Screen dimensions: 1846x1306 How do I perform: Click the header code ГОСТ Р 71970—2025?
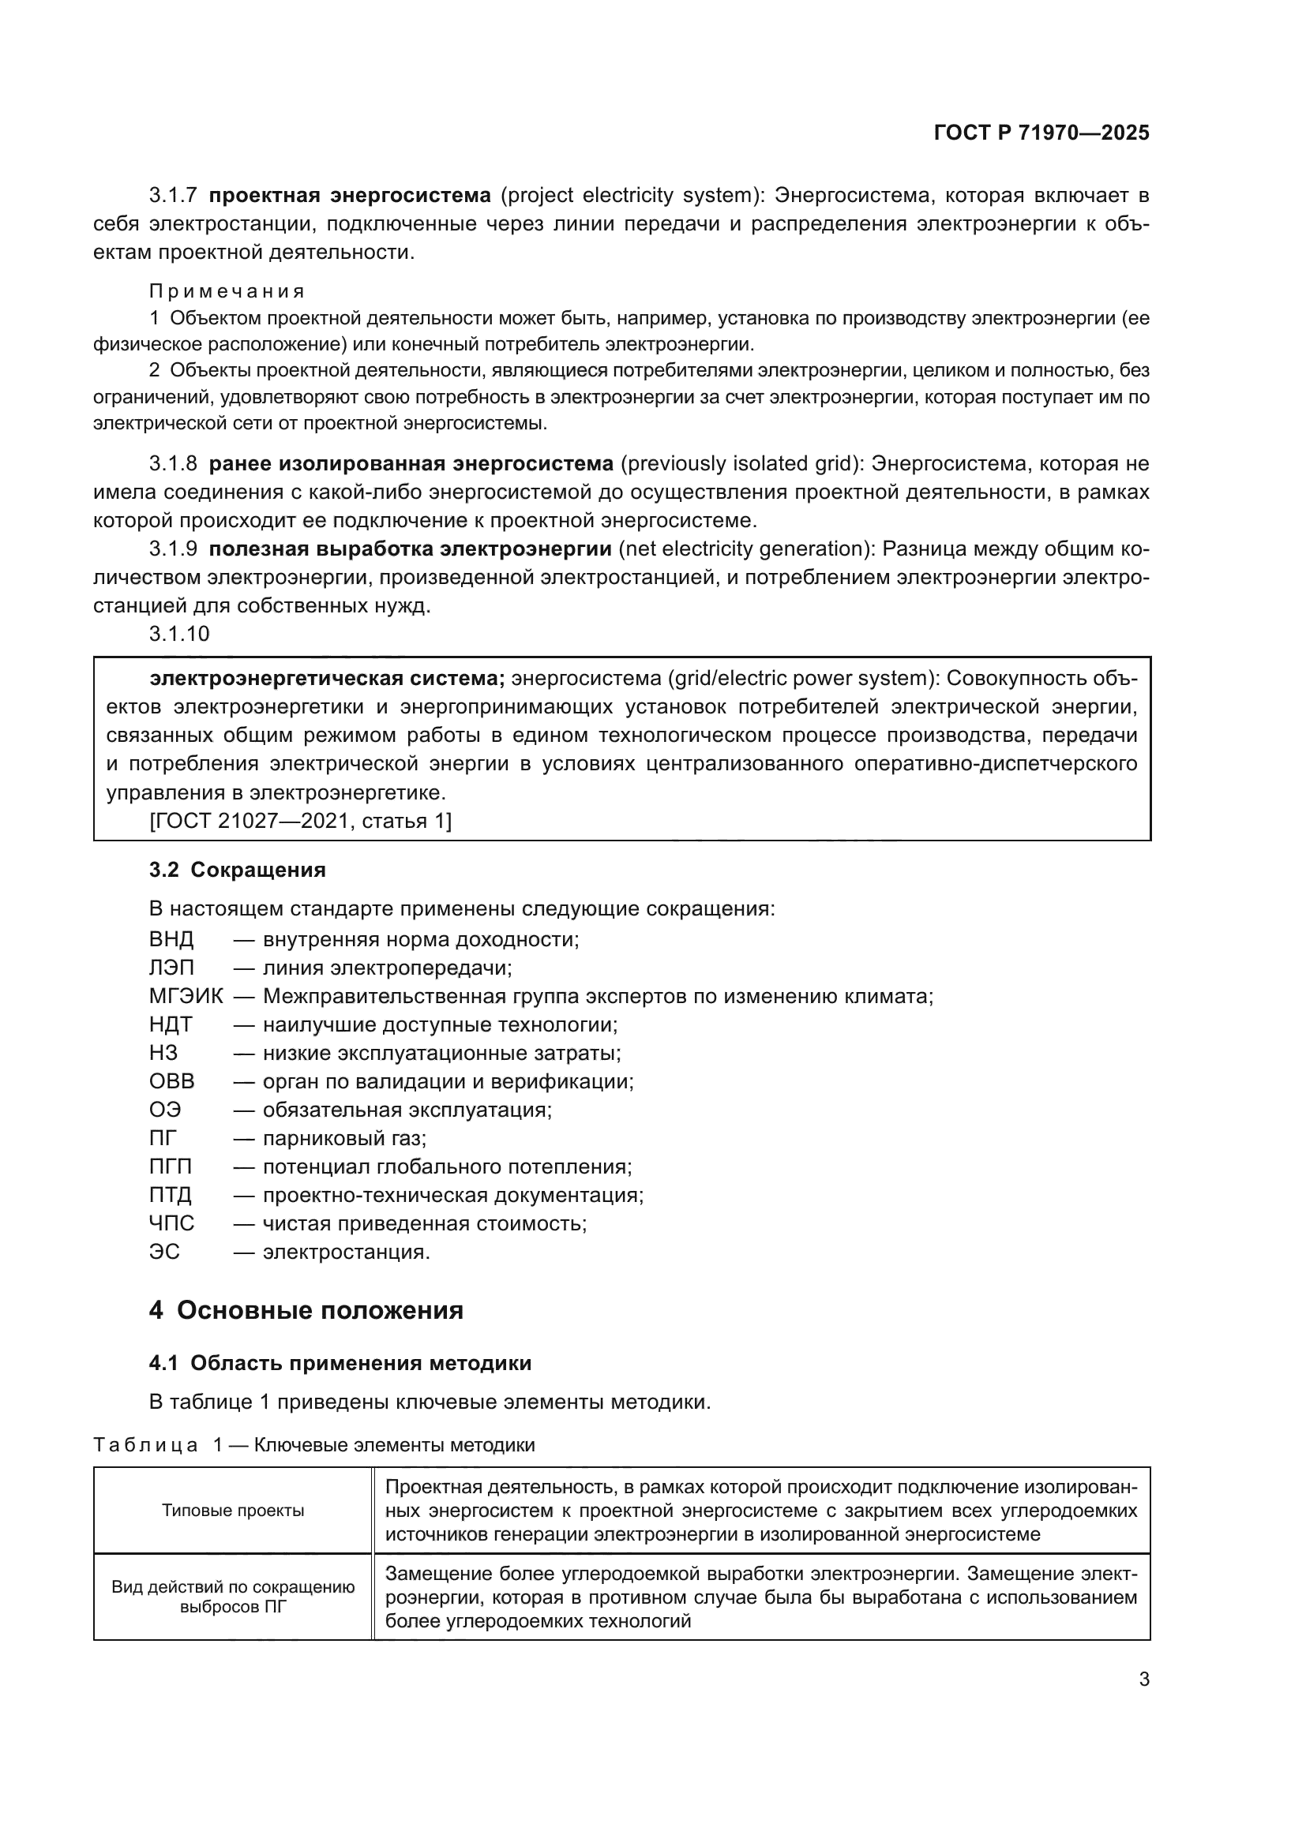click(x=1041, y=133)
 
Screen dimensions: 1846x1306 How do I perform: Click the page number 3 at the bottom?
click(x=1143, y=1679)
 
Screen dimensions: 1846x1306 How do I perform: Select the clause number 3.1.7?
click(x=173, y=196)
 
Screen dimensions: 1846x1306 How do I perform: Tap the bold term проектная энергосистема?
click(x=350, y=196)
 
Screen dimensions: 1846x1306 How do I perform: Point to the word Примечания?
click(x=227, y=291)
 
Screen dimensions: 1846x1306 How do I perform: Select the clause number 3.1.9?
click(x=173, y=549)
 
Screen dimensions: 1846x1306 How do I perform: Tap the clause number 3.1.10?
click(x=178, y=635)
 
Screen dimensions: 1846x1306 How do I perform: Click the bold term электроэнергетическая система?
click(x=328, y=679)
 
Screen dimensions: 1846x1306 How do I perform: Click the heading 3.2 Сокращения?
click(x=237, y=870)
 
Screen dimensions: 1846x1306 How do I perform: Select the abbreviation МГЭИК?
click(x=186, y=997)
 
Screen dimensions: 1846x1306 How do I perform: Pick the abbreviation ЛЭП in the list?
click(x=171, y=968)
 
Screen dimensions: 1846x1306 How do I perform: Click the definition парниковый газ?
click(x=344, y=1139)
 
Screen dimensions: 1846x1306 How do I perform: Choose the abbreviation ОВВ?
click(x=171, y=1081)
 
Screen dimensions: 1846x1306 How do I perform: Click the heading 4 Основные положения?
click(x=306, y=1312)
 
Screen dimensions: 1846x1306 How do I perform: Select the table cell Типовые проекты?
click(x=232, y=1511)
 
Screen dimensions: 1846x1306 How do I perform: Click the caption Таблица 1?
click(x=153, y=1446)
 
